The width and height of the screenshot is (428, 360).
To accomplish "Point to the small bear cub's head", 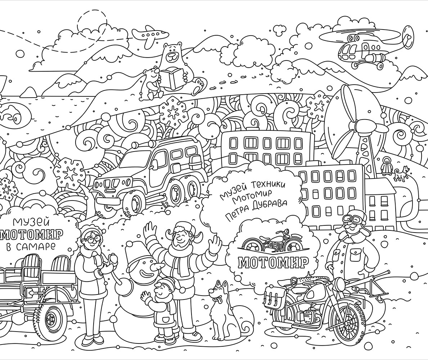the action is pos(152,74).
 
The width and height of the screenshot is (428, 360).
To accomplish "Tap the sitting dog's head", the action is pos(218,292).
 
